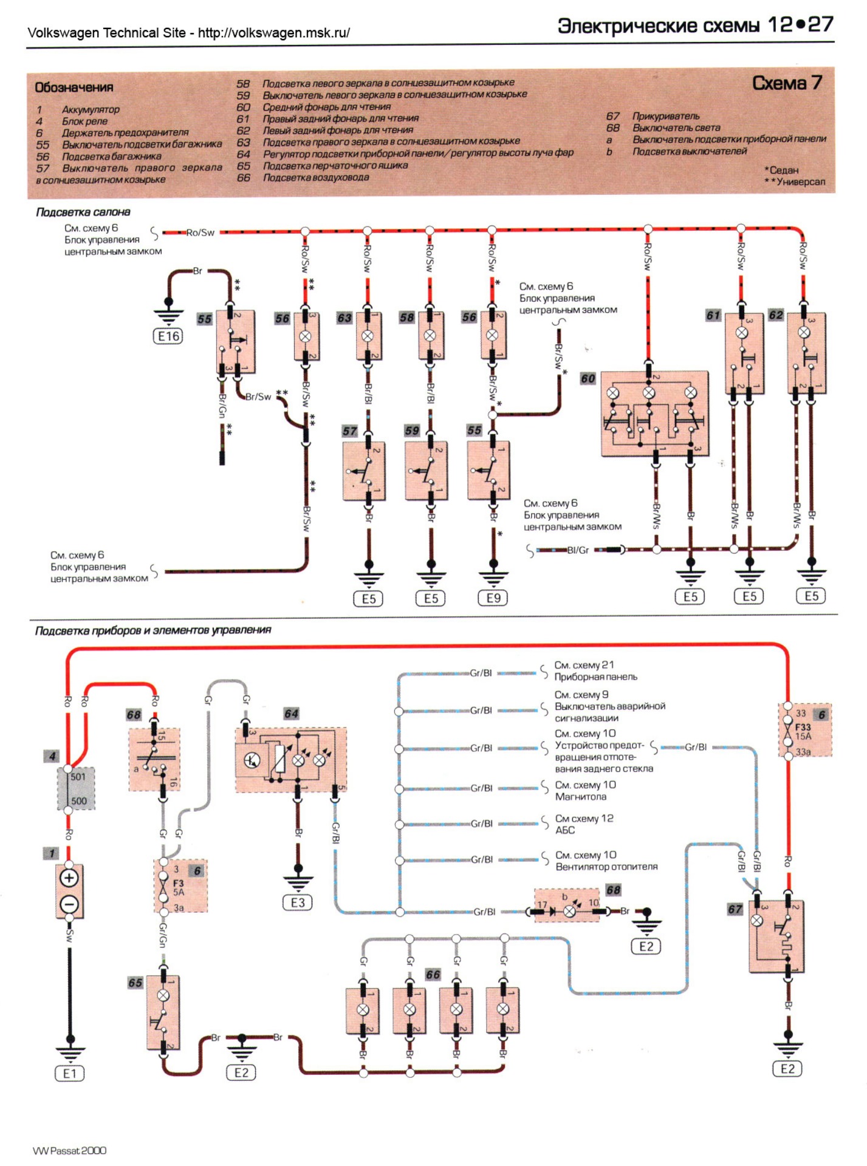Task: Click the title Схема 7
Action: click(787, 83)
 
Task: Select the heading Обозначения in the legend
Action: click(74, 87)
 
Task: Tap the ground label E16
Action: click(168, 336)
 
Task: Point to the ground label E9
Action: click(493, 598)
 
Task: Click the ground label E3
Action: click(298, 902)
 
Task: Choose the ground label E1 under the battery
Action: click(70, 1074)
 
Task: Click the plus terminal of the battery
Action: click(69, 878)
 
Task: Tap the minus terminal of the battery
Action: click(69, 905)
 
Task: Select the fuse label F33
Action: click(803, 727)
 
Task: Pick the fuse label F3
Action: click(178, 884)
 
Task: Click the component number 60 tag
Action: click(588, 379)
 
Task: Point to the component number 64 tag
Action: click(291, 714)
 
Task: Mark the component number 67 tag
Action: click(735, 909)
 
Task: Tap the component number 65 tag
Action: click(135, 983)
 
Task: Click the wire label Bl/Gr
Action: click(578, 550)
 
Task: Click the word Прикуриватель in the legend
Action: click(666, 116)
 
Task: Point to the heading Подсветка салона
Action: click(83, 212)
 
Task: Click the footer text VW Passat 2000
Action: click(69, 1150)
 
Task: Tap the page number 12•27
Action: click(800, 25)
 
